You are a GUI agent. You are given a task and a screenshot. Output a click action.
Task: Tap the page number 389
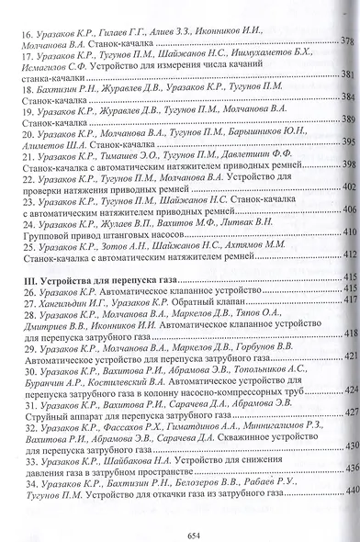[x=348, y=120]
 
